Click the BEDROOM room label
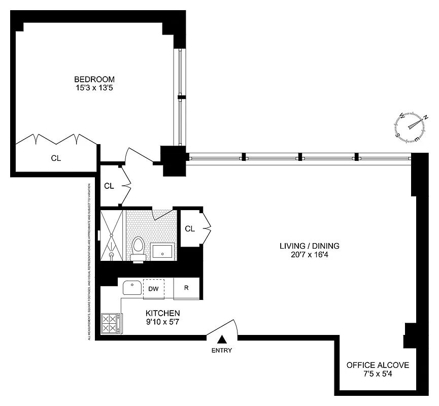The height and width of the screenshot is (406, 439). point(94,79)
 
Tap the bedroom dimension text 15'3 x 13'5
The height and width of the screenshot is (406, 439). point(94,88)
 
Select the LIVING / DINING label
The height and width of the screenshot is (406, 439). point(309,246)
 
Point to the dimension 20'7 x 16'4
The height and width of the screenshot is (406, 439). point(309,255)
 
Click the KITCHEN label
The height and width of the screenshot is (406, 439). point(162,313)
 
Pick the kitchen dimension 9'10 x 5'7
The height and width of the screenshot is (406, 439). point(162,322)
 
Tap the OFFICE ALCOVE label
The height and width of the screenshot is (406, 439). point(378,365)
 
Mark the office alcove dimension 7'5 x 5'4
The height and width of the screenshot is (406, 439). point(378,374)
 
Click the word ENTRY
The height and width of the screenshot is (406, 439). point(222,350)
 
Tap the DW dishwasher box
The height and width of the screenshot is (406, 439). point(153,289)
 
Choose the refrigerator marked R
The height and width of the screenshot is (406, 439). point(186,288)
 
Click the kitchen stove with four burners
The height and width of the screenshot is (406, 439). point(110,323)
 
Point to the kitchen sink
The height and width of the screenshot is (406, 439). point(132,288)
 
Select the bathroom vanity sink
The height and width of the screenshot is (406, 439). point(162,251)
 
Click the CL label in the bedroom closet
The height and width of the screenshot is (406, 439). point(56,158)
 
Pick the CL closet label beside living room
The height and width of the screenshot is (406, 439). point(190,229)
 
